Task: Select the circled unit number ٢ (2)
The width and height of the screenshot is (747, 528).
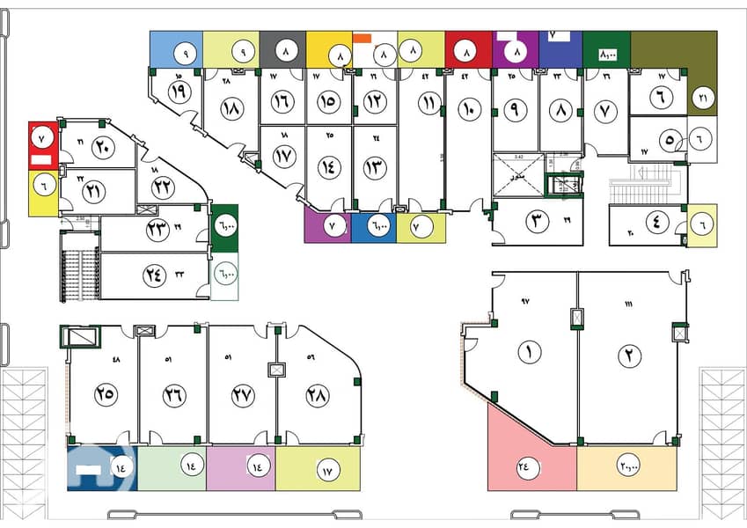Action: click(x=629, y=356)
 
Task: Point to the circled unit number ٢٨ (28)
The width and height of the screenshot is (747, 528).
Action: click(x=317, y=395)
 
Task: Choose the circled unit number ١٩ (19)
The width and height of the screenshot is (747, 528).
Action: click(x=179, y=92)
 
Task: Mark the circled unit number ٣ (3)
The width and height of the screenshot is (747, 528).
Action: click(x=538, y=222)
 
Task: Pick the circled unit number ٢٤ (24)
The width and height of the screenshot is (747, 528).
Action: click(x=154, y=274)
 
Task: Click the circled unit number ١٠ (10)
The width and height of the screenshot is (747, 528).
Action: click(x=468, y=110)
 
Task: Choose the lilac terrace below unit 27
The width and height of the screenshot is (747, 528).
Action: click(x=241, y=468)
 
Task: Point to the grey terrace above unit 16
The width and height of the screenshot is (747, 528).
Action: click(x=282, y=49)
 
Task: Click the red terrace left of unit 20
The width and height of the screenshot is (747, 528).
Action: click(x=42, y=145)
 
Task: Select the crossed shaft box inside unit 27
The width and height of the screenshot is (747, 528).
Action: click(x=277, y=370)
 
